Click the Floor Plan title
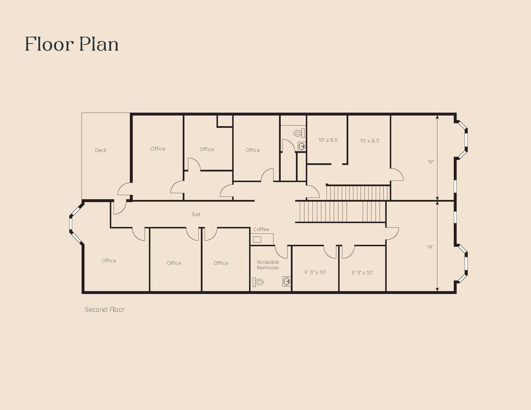(x=71, y=44)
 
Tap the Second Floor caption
(x=105, y=310)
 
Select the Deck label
(x=101, y=150)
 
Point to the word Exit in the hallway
(x=196, y=215)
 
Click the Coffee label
(x=261, y=229)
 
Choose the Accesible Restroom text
(x=268, y=265)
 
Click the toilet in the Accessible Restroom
(x=258, y=282)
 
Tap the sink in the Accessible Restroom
(x=287, y=282)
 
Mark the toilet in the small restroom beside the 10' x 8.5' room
(x=299, y=133)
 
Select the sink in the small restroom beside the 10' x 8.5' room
(x=302, y=147)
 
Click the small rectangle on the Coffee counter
(x=257, y=240)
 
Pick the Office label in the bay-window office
(x=109, y=261)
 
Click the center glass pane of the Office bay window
(x=71, y=223)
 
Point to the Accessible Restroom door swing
(x=281, y=252)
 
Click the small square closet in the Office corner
(x=225, y=121)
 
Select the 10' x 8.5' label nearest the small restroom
(x=328, y=140)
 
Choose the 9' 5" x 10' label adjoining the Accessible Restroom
(x=315, y=272)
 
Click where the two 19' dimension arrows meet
(x=437, y=201)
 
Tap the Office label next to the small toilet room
(x=252, y=150)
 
